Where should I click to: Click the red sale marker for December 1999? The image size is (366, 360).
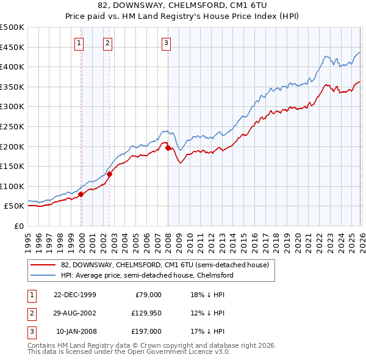[81, 194]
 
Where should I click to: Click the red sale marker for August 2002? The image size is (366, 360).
[110, 174]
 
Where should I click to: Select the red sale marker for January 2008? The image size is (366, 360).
[168, 147]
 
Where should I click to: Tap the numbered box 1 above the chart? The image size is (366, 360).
[80, 43]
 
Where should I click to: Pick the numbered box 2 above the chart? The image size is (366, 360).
[107, 43]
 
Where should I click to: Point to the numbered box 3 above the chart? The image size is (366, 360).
[166, 43]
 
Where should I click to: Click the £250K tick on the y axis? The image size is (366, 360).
[12, 126]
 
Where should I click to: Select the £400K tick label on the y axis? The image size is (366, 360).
[12, 67]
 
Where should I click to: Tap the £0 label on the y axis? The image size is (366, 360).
[18, 226]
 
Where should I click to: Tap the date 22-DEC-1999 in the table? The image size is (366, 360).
[75, 294]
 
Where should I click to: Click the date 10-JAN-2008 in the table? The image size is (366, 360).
[75, 332]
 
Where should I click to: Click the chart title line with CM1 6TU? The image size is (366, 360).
[183, 6]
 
